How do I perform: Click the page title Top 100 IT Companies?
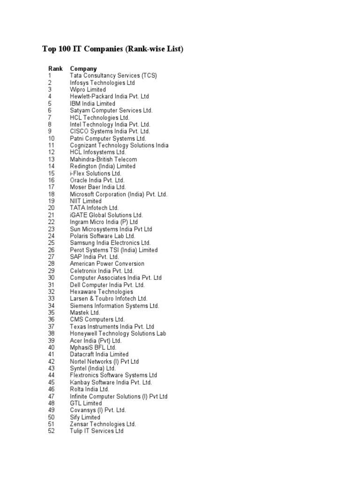click(113, 49)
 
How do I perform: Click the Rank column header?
click(55, 68)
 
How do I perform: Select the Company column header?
click(83, 68)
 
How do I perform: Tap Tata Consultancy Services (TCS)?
click(113, 75)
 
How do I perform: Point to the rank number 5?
click(49, 103)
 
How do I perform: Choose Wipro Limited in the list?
click(88, 90)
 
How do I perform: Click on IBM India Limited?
click(93, 103)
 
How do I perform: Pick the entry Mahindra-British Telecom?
click(104, 159)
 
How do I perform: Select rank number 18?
click(51, 194)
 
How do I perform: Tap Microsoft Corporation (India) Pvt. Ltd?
click(119, 194)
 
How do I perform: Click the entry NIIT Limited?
click(86, 201)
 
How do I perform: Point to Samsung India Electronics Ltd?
click(111, 243)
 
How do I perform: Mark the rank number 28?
click(51, 264)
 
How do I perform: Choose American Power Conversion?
click(107, 264)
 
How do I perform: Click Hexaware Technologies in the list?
click(102, 292)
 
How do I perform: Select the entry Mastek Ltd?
click(85, 313)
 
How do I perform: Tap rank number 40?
click(51, 347)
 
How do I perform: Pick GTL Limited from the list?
click(86, 403)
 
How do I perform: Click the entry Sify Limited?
click(85, 417)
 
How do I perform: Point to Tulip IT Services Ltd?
click(97, 431)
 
